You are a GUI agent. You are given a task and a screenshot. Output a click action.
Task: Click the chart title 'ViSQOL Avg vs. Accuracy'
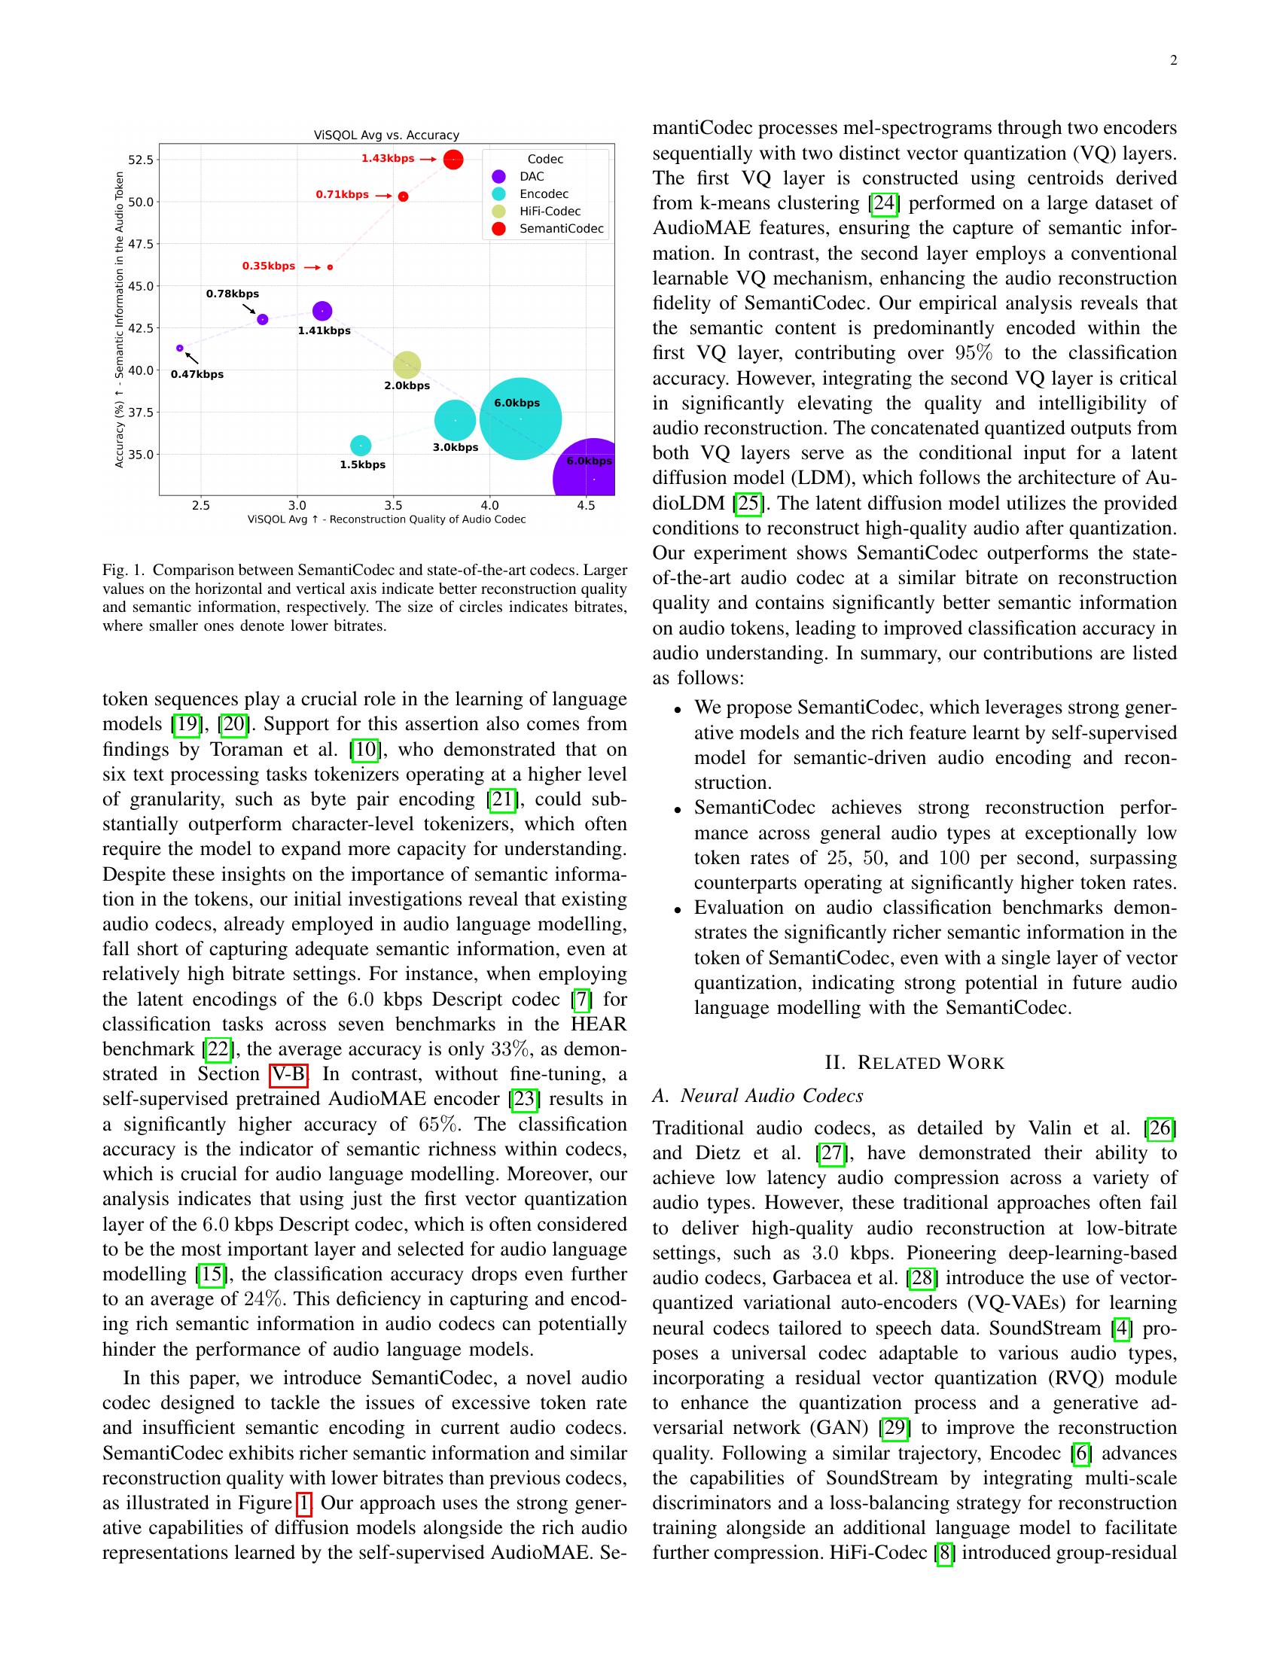tap(387, 135)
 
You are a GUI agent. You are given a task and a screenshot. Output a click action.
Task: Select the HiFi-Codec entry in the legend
tap(550, 212)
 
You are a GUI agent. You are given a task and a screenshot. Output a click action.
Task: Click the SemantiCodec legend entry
tap(561, 229)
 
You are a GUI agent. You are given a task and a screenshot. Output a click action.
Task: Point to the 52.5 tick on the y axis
tap(141, 160)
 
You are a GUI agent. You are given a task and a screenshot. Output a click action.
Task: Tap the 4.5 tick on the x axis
tap(585, 505)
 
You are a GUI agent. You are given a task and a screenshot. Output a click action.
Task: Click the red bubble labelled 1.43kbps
tap(453, 160)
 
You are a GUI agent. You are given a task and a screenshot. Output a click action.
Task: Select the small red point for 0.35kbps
tap(330, 267)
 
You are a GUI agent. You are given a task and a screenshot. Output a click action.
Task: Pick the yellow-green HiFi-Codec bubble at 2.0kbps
tap(407, 365)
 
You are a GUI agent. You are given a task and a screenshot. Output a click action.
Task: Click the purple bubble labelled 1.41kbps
tap(322, 311)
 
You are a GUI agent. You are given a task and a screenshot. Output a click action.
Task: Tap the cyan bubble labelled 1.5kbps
tap(361, 445)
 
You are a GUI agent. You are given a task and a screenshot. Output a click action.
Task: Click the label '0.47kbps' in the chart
tap(197, 375)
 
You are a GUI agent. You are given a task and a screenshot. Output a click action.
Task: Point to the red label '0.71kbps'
tap(342, 195)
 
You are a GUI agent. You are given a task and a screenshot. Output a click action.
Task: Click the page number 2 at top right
tap(1173, 62)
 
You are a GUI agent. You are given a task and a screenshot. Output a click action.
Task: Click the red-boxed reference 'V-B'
tap(288, 1074)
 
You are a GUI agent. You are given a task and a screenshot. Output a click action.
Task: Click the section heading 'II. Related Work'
tap(914, 1062)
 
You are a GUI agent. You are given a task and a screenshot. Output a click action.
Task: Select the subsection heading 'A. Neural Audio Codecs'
tap(757, 1095)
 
